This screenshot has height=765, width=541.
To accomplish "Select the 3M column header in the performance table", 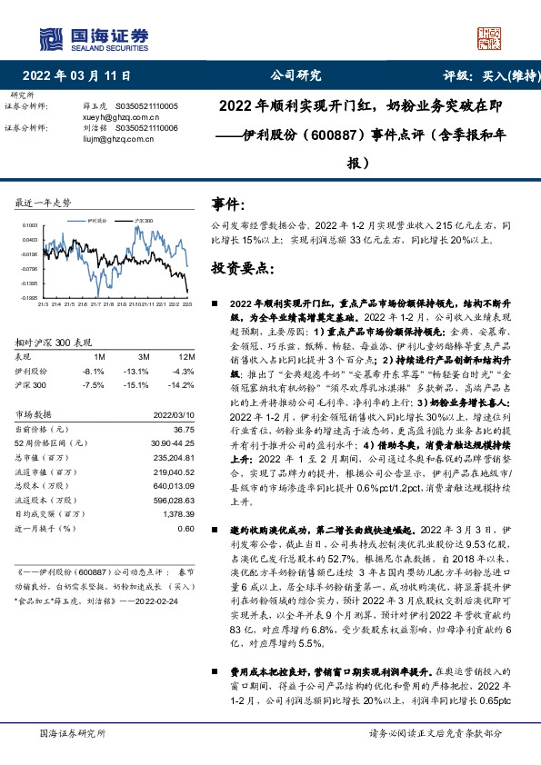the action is (141, 357).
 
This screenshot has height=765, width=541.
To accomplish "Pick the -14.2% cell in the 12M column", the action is (183, 383).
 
